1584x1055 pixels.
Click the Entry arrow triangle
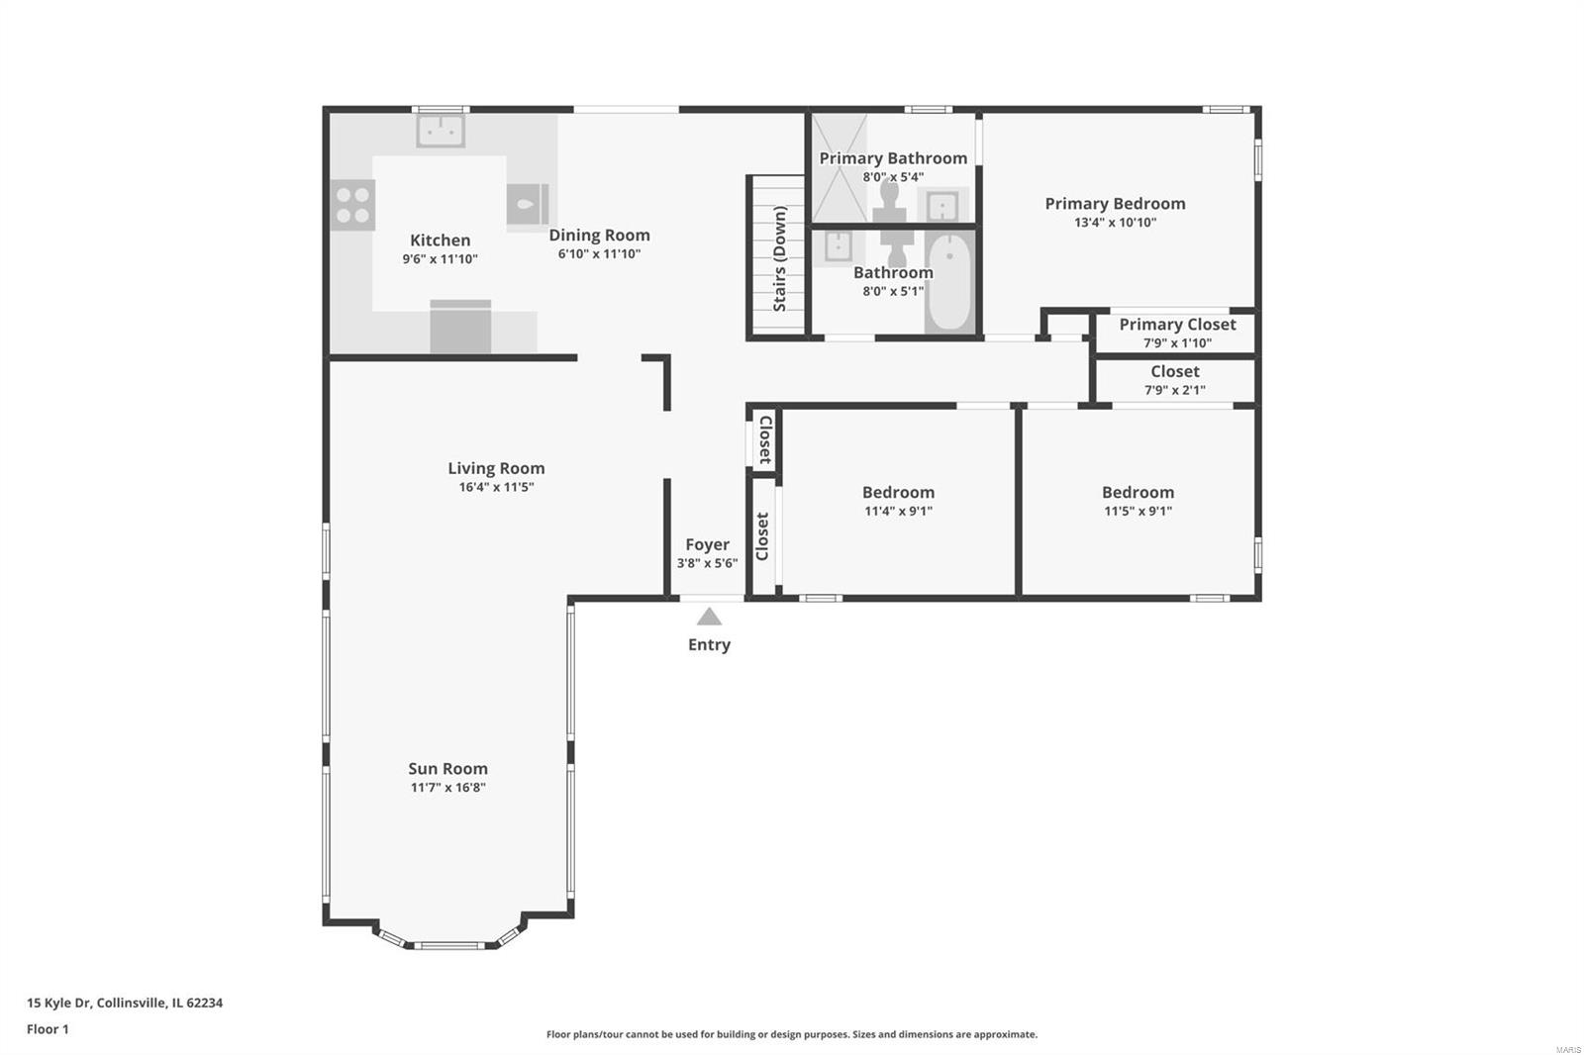coord(709,618)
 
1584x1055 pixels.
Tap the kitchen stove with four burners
coord(352,205)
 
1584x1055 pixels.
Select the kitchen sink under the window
coord(441,131)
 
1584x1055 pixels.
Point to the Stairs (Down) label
coord(779,258)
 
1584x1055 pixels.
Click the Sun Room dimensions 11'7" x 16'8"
coord(448,787)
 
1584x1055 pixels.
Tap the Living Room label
coord(496,468)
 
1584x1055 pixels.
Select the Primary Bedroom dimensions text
coord(1115,222)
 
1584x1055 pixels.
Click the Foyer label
coord(707,544)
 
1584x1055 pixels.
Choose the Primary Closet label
coord(1177,325)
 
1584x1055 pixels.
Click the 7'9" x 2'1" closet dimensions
coord(1175,390)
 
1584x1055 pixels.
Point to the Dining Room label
coord(600,235)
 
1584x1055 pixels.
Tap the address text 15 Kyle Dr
coord(59,1003)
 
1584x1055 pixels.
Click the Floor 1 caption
coord(49,1029)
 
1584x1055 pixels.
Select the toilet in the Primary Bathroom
coord(890,203)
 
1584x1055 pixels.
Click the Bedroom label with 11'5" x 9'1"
coord(1138,492)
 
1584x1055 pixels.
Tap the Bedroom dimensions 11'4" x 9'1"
coord(898,511)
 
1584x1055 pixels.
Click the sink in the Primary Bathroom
coord(943,206)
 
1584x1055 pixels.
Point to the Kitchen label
coord(440,240)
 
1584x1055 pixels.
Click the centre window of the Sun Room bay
coord(449,945)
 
